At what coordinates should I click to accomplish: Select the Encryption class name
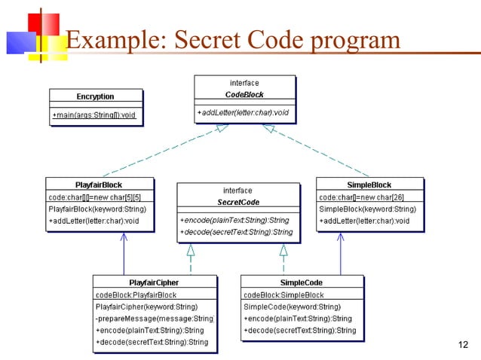click(95, 96)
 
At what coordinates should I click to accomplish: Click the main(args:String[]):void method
click(94, 114)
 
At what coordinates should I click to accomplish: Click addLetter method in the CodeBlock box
click(244, 113)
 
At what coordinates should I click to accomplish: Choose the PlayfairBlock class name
click(99, 185)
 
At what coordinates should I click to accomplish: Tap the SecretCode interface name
click(238, 203)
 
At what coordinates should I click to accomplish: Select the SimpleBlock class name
click(369, 185)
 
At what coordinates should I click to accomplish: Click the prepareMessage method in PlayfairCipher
click(155, 319)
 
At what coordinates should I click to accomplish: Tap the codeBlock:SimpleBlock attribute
click(284, 294)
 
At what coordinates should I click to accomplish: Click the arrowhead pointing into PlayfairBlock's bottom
click(124, 237)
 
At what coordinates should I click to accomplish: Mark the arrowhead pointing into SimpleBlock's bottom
click(342, 237)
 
